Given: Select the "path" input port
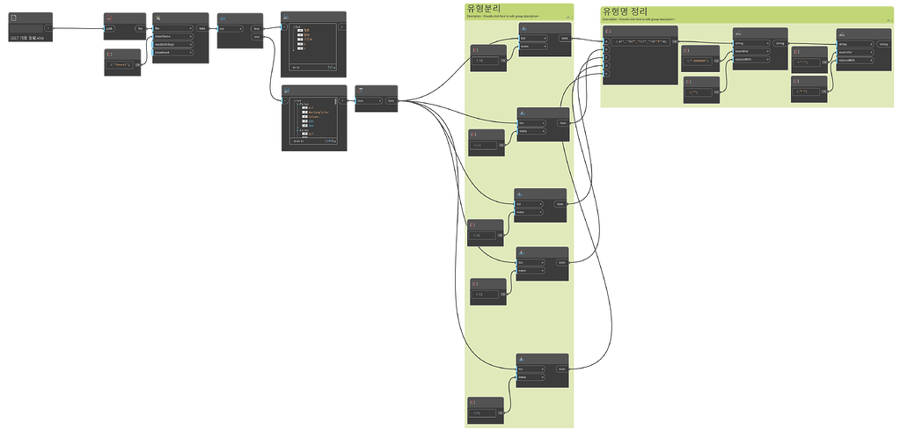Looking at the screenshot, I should [111, 28].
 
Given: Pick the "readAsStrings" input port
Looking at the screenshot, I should [172, 44].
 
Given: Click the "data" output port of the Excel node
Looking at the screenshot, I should [202, 28].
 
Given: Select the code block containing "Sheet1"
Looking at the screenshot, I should [121, 64].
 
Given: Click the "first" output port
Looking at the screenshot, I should [256, 28].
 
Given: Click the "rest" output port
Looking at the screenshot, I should [256, 36].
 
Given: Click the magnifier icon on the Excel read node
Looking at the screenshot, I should [157, 18].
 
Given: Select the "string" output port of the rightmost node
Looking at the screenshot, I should [882, 43].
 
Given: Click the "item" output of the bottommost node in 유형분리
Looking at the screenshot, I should [561, 369].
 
